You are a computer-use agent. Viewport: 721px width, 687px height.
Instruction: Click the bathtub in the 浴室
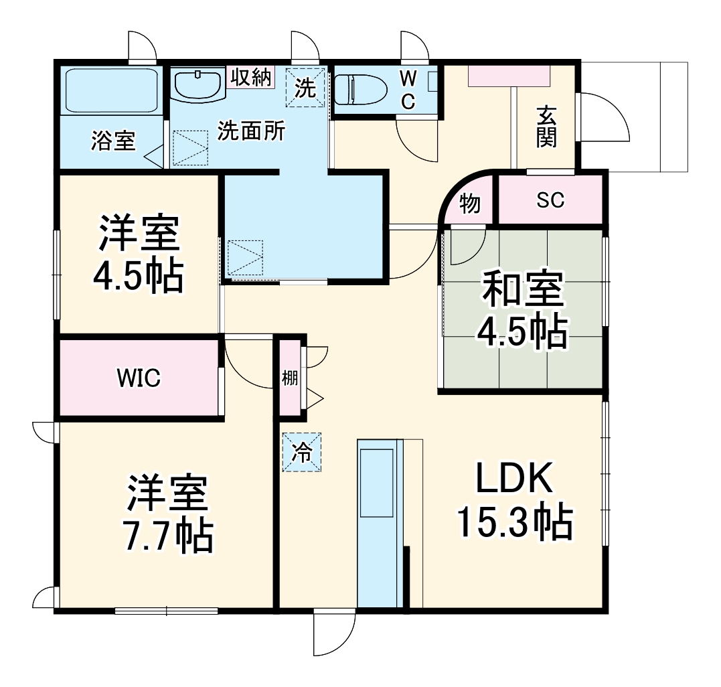click(111, 90)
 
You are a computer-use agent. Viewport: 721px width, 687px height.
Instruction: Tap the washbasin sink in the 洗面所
click(197, 86)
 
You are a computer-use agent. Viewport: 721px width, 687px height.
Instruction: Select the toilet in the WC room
click(359, 90)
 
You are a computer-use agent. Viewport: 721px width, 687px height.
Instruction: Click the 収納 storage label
click(252, 77)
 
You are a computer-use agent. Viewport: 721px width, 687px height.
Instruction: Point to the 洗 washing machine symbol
click(305, 87)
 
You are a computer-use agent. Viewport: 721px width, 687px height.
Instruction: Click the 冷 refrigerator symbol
click(302, 453)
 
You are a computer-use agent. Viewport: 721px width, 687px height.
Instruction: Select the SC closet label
click(550, 200)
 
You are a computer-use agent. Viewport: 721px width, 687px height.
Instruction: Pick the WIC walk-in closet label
click(139, 378)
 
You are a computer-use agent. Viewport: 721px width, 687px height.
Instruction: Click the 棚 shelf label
click(289, 378)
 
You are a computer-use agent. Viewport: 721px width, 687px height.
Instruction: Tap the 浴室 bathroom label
click(113, 141)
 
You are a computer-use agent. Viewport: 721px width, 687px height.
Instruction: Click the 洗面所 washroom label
click(251, 131)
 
